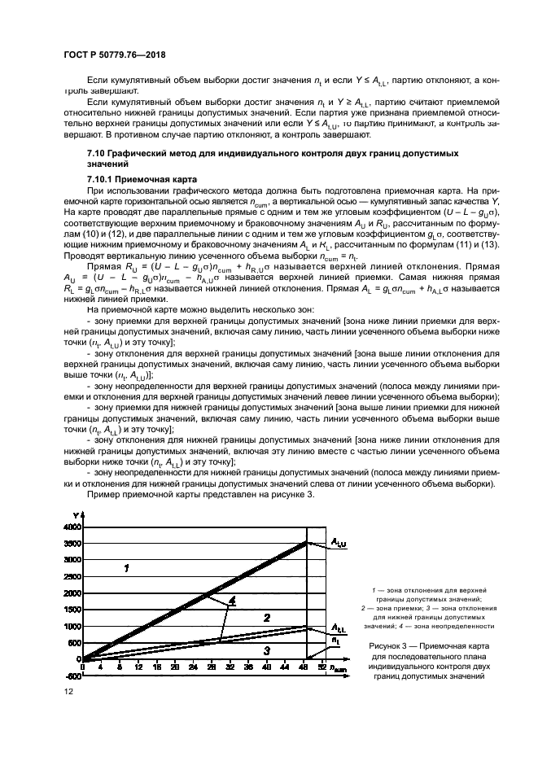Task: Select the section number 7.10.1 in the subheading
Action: coord(102,178)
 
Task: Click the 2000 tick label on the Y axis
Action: coord(71,593)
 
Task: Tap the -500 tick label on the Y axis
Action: coord(72,676)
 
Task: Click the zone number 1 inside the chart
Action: coord(126,568)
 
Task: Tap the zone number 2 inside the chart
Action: coord(266,619)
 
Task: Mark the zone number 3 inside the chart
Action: coord(266,650)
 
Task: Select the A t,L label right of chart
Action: coord(338,628)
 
